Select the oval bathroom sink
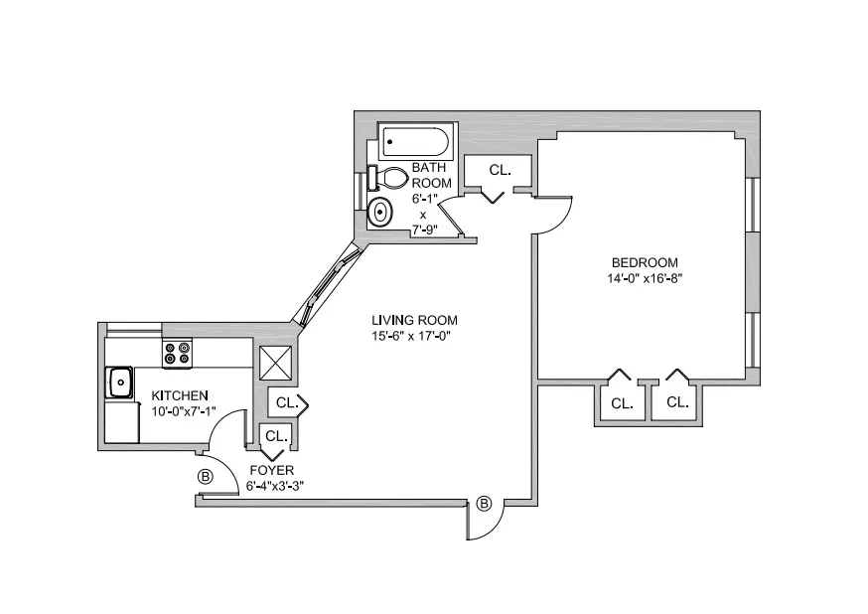point(379,212)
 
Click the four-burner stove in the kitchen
point(177,355)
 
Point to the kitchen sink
point(121,382)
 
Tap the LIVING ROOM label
point(414,320)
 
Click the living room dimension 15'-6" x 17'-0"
point(414,336)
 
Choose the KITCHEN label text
point(180,394)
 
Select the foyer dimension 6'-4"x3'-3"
point(275,486)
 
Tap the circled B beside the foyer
point(206,477)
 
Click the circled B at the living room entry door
point(485,504)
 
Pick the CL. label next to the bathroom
point(500,170)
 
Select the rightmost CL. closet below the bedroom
point(677,402)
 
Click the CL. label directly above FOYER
point(275,435)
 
